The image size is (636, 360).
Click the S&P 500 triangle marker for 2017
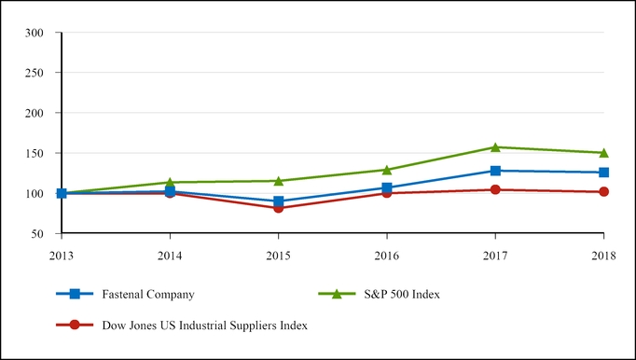495,146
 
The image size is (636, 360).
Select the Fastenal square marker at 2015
278,201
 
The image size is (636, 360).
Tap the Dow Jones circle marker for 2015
278,208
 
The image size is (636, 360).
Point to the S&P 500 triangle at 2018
603,152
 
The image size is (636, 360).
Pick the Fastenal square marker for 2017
495,171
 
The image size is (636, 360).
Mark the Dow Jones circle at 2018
603,192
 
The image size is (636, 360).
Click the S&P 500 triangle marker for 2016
386,170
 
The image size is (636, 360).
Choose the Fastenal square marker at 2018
603,173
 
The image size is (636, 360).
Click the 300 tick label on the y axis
35,33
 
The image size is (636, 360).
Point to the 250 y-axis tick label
35,73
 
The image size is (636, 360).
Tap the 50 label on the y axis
39,233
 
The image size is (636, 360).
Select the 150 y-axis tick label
35,153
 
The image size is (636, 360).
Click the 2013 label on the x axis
62,254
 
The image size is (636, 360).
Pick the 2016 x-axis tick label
386,254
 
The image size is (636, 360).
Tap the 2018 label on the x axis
603,254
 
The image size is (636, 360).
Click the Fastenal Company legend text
153,294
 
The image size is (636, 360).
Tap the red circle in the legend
75,325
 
